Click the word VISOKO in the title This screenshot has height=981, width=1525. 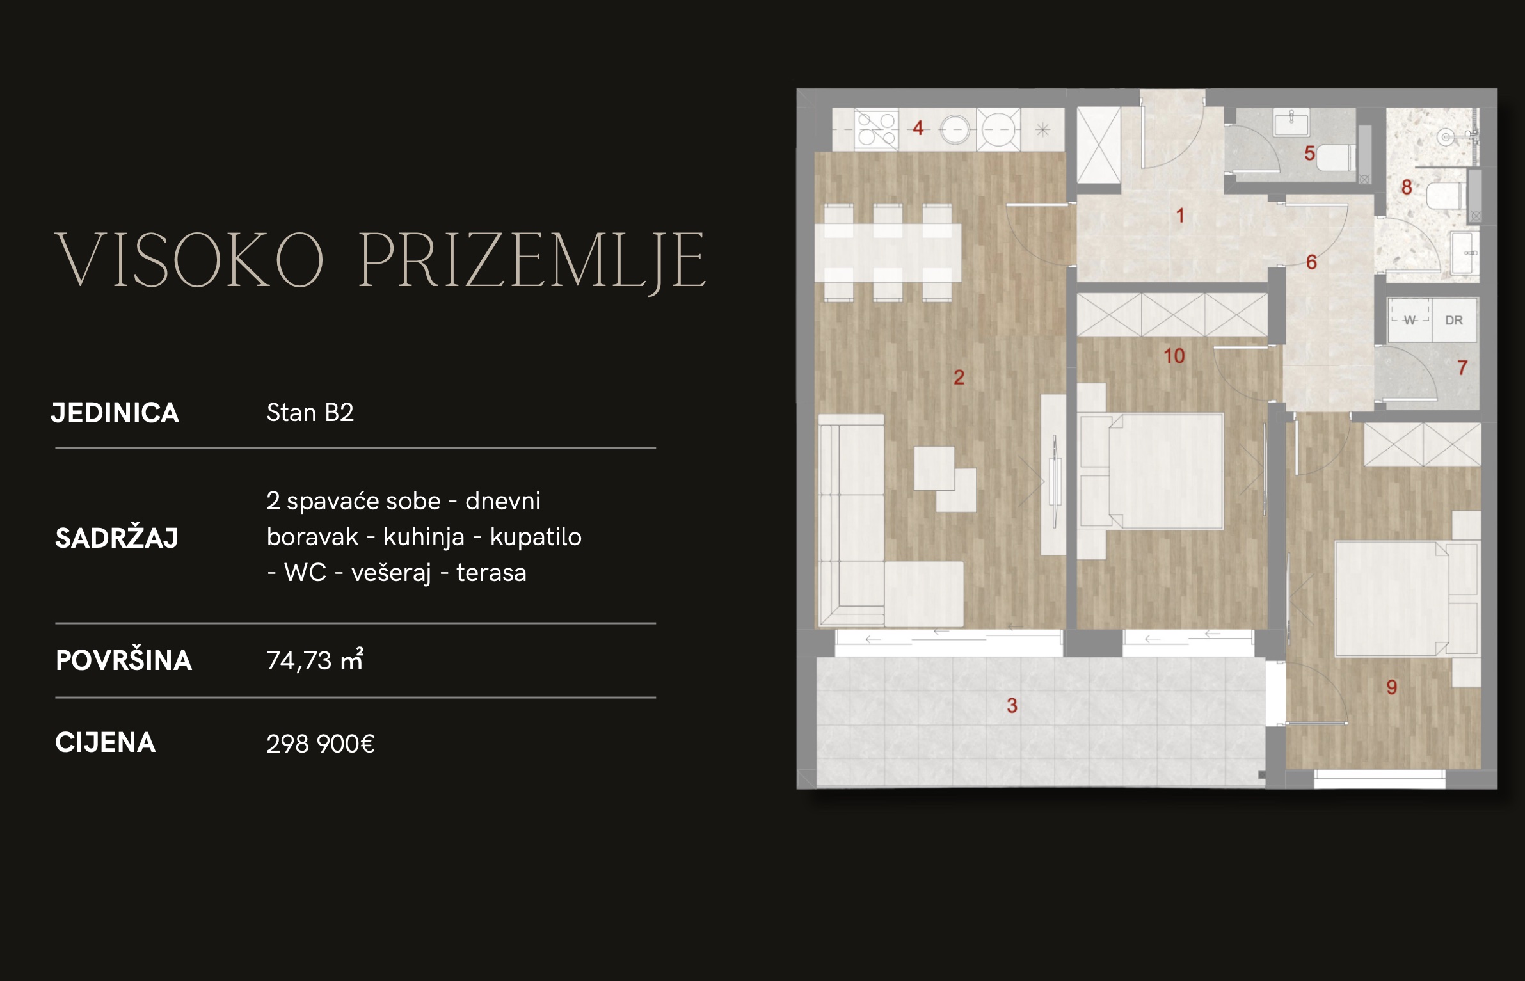pos(190,260)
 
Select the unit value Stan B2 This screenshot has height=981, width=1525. pos(310,413)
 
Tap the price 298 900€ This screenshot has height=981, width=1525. pos(321,744)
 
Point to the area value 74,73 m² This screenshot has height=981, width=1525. pos(315,659)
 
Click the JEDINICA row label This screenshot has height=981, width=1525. pos(115,413)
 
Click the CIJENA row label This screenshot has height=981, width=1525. pos(106,742)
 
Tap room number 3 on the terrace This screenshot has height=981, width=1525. pos(1012,705)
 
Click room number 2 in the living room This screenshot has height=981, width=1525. pos(959,377)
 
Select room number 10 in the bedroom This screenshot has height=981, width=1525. pos(1174,356)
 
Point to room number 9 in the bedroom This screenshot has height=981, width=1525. pos(1392,687)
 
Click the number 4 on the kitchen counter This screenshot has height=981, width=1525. pos(918,128)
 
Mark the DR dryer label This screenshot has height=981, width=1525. pos(1454,320)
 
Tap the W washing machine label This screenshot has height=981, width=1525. pos(1409,320)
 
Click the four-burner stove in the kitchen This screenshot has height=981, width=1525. pos(877,129)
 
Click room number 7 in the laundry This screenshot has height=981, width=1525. pos(1462,367)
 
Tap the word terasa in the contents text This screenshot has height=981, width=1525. pos(491,573)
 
